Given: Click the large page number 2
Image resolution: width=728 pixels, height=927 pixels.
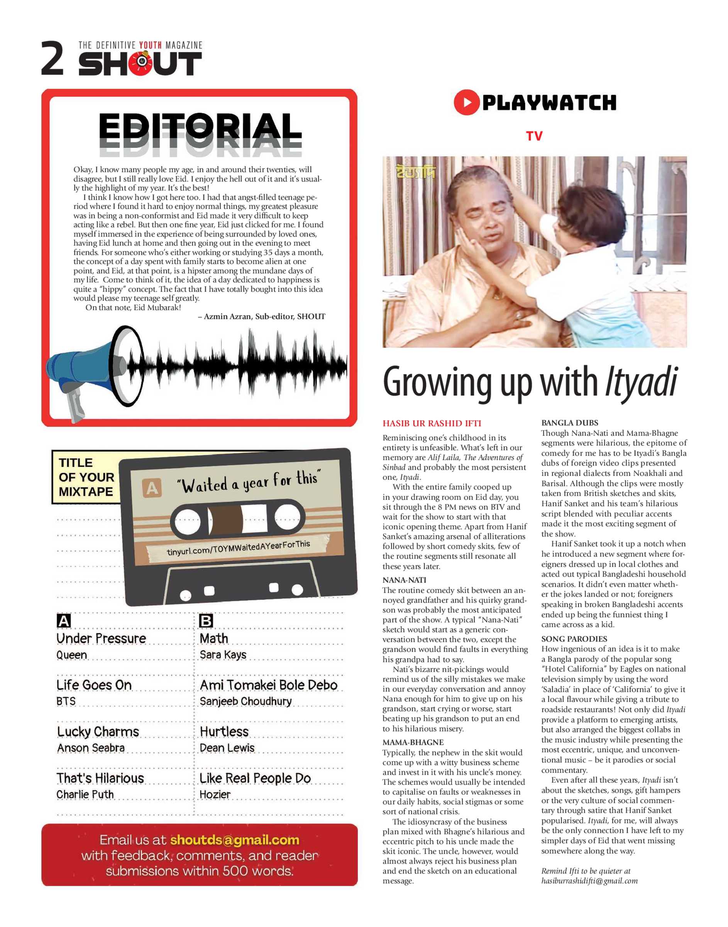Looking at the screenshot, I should (x=52, y=58).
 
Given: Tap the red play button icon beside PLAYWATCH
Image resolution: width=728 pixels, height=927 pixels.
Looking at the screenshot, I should (x=466, y=102).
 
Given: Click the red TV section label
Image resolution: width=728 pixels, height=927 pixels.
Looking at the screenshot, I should (x=534, y=136).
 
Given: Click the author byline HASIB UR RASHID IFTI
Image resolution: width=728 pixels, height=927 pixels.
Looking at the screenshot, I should (x=432, y=423).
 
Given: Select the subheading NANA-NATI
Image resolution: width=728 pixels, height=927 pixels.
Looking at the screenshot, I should (x=404, y=580).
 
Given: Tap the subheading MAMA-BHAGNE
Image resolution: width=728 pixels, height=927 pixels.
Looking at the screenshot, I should (x=413, y=742).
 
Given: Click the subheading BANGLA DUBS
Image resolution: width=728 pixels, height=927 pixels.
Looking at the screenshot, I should (x=569, y=423).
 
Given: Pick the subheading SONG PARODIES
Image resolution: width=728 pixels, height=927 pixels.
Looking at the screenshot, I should (x=574, y=639).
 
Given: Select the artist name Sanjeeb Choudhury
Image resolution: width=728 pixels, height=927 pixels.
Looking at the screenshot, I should (x=246, y=701).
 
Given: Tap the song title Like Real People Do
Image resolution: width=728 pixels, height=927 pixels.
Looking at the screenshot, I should (x=255, y=778).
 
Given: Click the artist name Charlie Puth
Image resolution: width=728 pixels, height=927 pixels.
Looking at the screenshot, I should (x=85, y=795).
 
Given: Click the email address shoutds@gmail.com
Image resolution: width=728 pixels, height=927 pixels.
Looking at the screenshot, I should (x=234, y=840).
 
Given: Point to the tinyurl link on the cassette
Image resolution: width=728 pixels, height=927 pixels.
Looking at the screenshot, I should (x=238, y=547).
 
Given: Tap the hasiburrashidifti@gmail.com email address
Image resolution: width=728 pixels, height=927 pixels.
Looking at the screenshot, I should (x=589, y=881).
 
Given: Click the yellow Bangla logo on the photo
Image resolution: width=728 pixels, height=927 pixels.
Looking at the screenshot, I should (x=416, y=171).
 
